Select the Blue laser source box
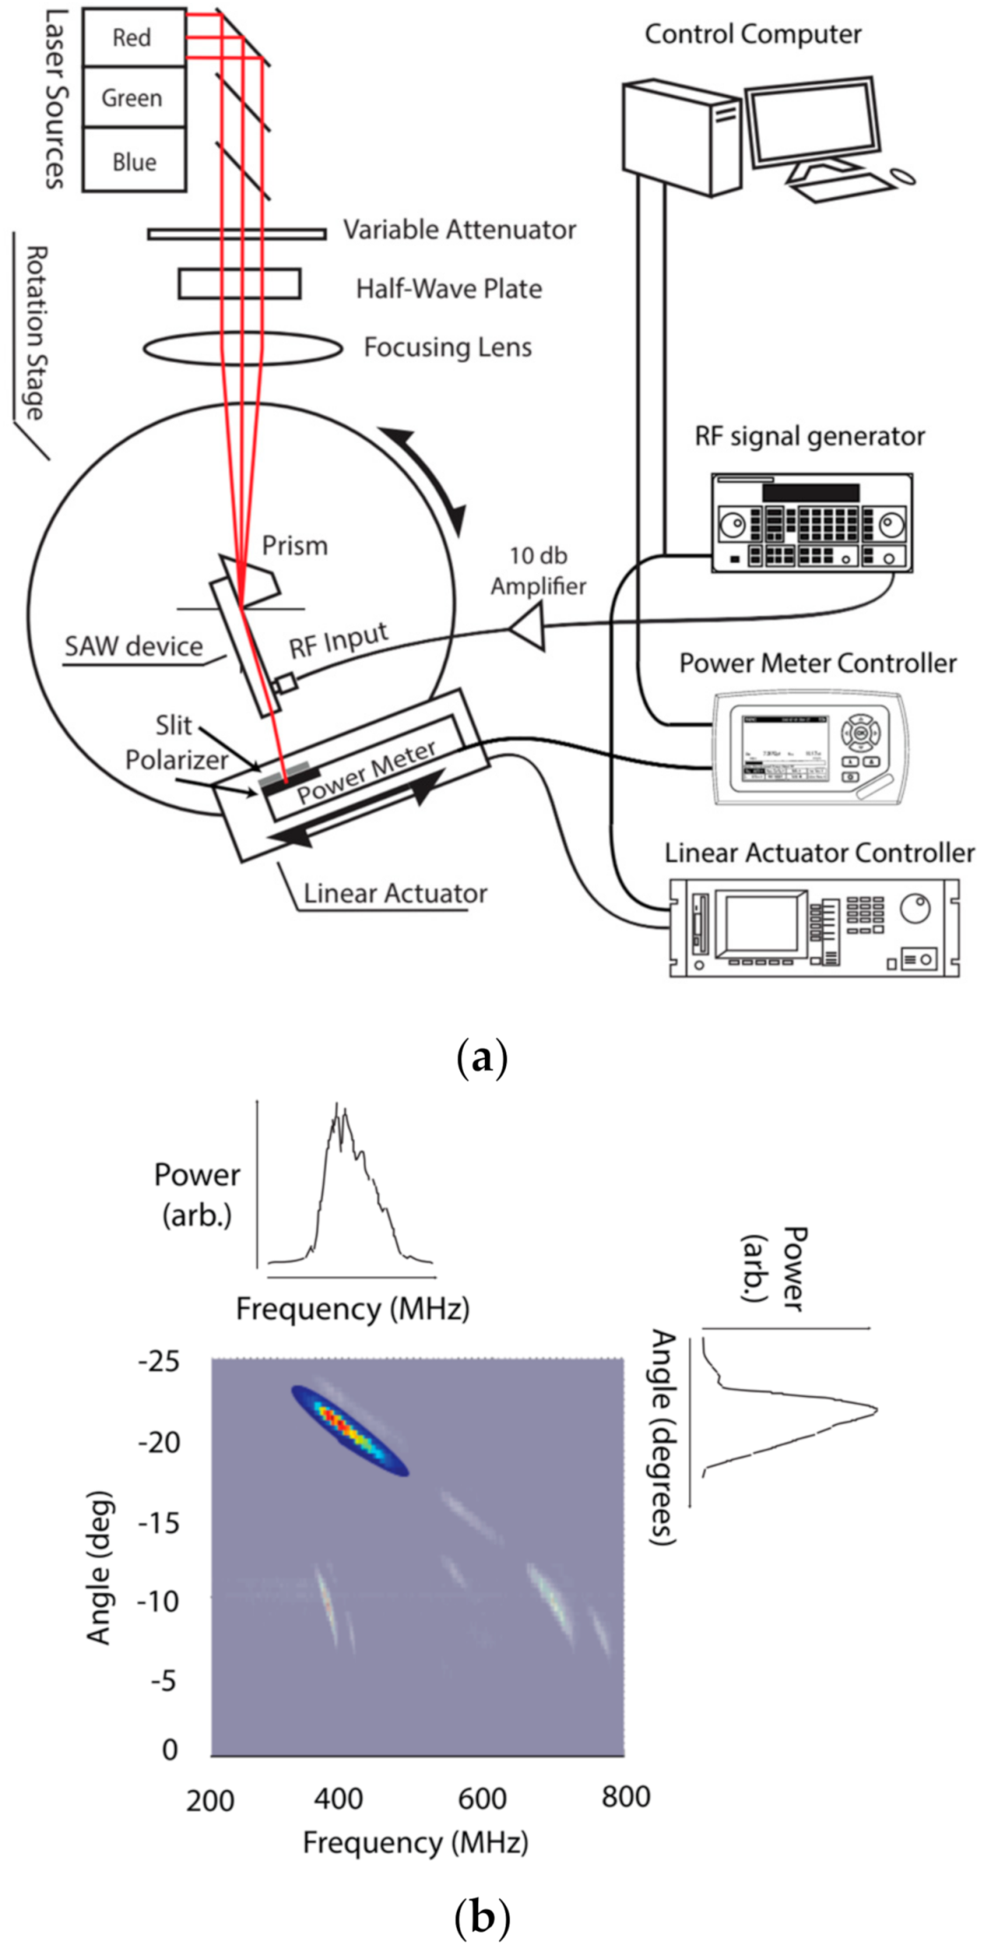point(134,161)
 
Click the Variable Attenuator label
point(459,230)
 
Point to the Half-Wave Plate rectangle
point(239,284)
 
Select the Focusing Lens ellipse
point(243,348)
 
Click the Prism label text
point(295,545)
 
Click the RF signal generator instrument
point(811,523)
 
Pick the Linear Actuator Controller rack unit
point(813,927)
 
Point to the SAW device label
point(133,647)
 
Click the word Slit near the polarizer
point(173,726)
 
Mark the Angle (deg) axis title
point(99,1566)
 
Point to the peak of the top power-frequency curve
point(336,1107)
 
